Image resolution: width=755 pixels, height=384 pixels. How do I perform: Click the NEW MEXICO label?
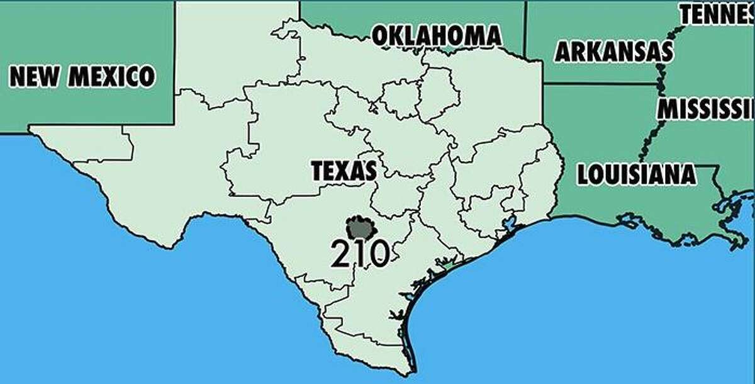(x=82, y=77)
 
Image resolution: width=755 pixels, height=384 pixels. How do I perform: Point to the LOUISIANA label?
(x=636, y=174)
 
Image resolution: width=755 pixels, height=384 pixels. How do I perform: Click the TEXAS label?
(x=344, y=171)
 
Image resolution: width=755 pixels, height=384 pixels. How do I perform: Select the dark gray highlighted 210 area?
(x=362, y=228)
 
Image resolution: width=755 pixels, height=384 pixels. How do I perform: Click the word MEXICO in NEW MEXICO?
(x=111, y=77)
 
